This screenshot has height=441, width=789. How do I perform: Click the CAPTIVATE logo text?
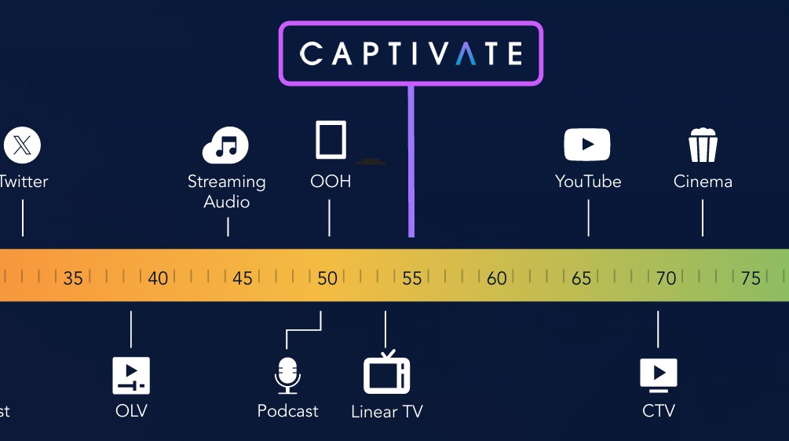[411, 53]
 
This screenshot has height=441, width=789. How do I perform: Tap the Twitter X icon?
[22, 145]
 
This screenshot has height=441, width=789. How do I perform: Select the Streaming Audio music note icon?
[225, 145]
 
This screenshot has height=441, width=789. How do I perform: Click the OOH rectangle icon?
[331, 140]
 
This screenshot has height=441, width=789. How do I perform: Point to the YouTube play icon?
[587, 145]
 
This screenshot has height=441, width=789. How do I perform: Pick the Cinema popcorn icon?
[703, 145]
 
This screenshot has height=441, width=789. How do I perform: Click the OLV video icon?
[131, 376]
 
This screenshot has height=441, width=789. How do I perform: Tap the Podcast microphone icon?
[287, 376]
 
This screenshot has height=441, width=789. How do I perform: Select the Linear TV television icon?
[386, 372]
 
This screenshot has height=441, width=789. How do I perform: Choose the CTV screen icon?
[658, 376]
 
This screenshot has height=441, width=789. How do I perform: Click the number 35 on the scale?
[73, 278]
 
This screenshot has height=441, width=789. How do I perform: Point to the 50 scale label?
[327, 278]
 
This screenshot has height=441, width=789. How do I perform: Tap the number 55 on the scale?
[411, 278]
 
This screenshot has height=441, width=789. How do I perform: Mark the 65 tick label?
[581, 278]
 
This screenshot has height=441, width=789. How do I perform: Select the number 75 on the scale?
[751, 278]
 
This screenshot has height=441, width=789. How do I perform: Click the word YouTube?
[588, 182]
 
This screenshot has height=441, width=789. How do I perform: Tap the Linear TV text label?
[387, 412]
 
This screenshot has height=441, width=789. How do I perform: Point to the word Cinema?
[703, 182]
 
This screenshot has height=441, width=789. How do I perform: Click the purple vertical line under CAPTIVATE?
[411, 161]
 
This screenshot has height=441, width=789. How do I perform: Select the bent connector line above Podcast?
[303, 331]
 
